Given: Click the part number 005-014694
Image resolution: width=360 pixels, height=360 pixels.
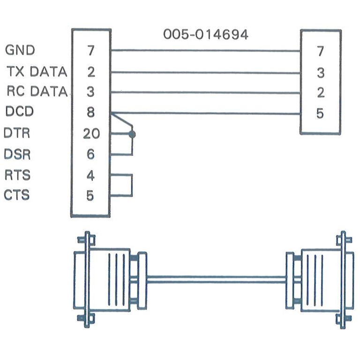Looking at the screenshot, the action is click(x=206, y=34).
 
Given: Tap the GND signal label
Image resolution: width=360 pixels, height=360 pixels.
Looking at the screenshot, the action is click(x=20, y=50).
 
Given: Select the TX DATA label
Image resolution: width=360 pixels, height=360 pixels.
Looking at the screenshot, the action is click(x=37, y=71).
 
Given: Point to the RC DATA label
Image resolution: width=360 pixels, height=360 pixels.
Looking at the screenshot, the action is click(x=37, y=91).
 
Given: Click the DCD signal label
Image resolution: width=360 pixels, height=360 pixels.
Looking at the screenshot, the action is click(x=20, y=112).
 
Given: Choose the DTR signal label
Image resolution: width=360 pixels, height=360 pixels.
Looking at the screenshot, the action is click(x=17, y=133).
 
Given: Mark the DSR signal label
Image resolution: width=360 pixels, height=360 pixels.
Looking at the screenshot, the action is click(x=17, y=154).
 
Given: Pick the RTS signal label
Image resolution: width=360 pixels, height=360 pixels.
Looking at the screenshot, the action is click(x=17, y=175).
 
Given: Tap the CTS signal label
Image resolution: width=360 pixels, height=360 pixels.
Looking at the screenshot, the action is click(x=17, y=195).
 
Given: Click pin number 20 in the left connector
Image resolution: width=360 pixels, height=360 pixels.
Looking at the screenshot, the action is click(x=91, y=134).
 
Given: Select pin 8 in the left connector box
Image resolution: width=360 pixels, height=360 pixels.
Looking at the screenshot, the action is click(x=90, y=112).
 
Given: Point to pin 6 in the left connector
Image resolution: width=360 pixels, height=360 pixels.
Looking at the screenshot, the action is click(x=90, y=154).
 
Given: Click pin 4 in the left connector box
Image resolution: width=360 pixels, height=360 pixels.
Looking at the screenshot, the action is click(x=90, y=176).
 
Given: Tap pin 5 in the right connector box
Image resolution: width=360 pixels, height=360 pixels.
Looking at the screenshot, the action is click(x=320, y=113).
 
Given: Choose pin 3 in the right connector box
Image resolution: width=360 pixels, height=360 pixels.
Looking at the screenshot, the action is click(x=321, y=73).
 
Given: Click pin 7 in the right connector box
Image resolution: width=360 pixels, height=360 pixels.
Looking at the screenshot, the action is click(x=321, y=51).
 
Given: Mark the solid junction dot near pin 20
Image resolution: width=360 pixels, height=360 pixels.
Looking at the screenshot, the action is click(x=132, y=135).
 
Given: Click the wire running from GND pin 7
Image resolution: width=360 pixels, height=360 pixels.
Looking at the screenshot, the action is click(x=205, y=51).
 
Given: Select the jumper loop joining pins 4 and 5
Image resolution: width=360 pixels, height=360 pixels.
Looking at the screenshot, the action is click(x=132, y=186).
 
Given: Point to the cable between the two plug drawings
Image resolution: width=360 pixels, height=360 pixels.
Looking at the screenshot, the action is click(x=217, y=279).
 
